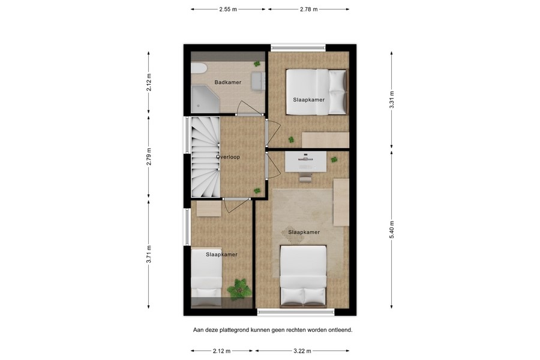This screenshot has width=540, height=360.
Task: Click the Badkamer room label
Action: (x=228, y=83)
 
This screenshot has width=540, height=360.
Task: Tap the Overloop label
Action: (x=228, y=157)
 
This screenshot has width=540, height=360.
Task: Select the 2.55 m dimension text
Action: (x=228, y=10)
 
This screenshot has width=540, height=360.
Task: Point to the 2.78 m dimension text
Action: (x=308, y=10)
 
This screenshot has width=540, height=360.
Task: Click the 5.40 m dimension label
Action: (x=392, y=230)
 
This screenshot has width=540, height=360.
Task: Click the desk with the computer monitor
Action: (x=305, y=160)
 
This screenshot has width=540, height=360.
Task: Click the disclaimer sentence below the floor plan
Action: (x=272, y=329)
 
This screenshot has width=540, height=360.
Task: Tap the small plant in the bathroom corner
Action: (x=257, y=64)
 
